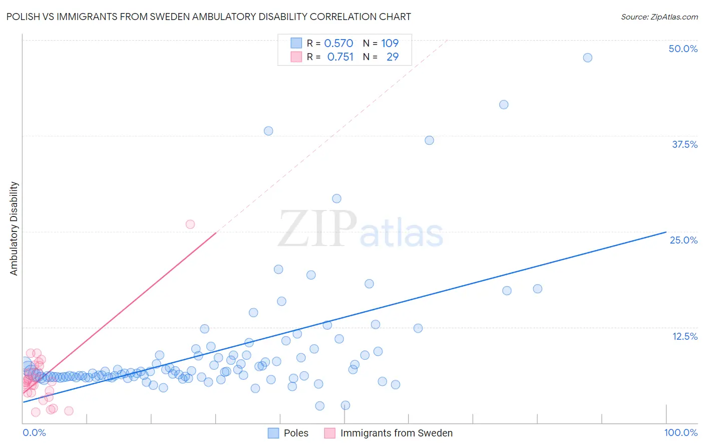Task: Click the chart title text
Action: (x=208, y=17)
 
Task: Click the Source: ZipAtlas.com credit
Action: (x=659, y=17)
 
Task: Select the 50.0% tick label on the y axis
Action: (x=683, y=49)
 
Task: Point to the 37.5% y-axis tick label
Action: (x=684, y=144)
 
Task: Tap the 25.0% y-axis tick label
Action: (x=683, y=240)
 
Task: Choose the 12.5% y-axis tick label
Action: (x=684, y=336)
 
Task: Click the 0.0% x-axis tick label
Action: (x=34, y=432)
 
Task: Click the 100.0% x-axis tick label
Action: (x=680, y=432)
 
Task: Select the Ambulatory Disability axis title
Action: (x=14, y=229)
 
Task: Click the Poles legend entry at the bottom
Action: (x=295, y=433)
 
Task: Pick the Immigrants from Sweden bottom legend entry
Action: (x=396, y=433)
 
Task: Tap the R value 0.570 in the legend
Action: (x=338, y=43)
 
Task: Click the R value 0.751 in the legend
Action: (x=340, y=57)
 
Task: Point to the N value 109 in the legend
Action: (x=390, y=43)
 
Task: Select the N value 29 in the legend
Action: (x=393, y=57)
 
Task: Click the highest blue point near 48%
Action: (x=587, y=58)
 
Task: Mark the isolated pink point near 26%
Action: (x=190, y=224)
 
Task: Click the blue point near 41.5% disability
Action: (x=504, y=105)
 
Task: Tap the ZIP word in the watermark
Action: (x=317, y=229)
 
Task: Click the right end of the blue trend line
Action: (x=666, y=232)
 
